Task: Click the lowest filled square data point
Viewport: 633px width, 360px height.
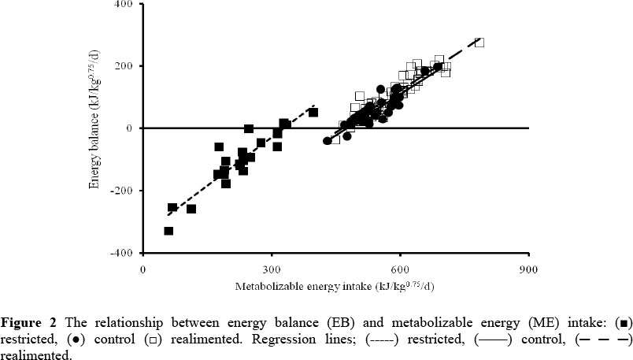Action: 168,231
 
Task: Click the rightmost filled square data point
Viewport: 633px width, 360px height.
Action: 313,112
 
